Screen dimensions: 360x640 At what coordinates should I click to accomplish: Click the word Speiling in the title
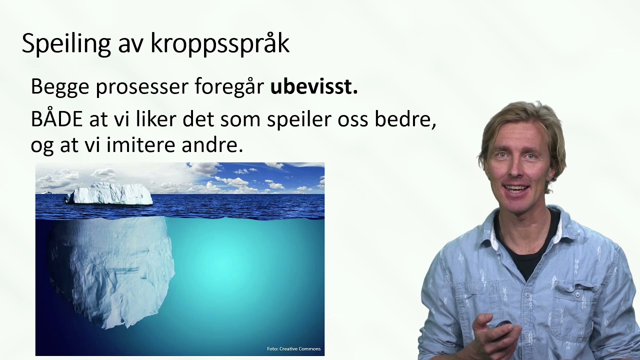(x=66, y=44)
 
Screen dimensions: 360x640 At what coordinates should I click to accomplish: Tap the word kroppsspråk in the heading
(x=219, y=44)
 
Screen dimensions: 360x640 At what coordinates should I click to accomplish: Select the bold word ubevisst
(x=314, y=87)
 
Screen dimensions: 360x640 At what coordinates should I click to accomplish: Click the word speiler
(x=292, y=120)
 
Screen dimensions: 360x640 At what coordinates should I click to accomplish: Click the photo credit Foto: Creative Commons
(x=293, y=349)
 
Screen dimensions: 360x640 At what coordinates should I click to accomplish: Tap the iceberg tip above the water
(x=110, y=194)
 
